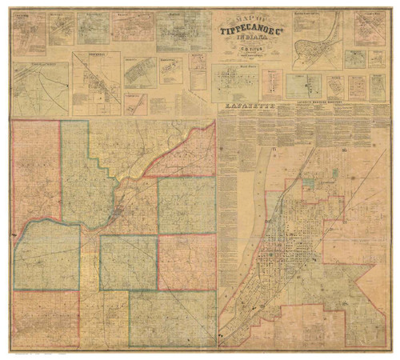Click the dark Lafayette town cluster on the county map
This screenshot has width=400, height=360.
point(118,213)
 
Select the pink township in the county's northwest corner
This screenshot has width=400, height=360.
point(36,172)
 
